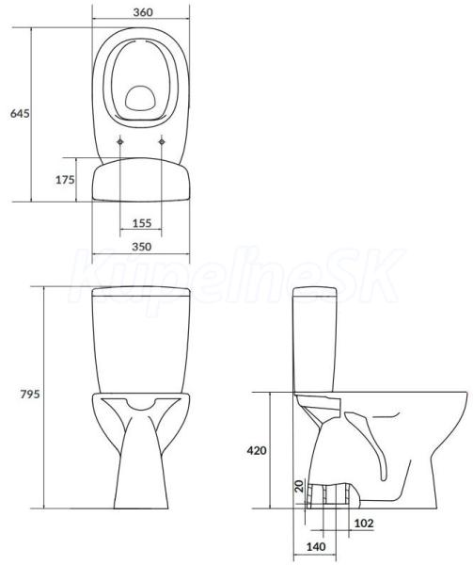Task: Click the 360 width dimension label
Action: (x=143, y=12)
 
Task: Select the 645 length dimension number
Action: (x=20, y=114)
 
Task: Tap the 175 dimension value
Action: (x=65, y=180)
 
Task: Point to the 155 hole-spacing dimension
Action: (x=142, y=223)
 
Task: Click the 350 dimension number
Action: (x=142, y=247)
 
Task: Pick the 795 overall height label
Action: (x=30, y=395)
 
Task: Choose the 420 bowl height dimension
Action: (x=257, y=450)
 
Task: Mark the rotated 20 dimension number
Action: (x=299, y=487)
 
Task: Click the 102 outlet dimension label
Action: (x=364, y=524)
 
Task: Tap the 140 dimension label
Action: (x=316, y=546)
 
